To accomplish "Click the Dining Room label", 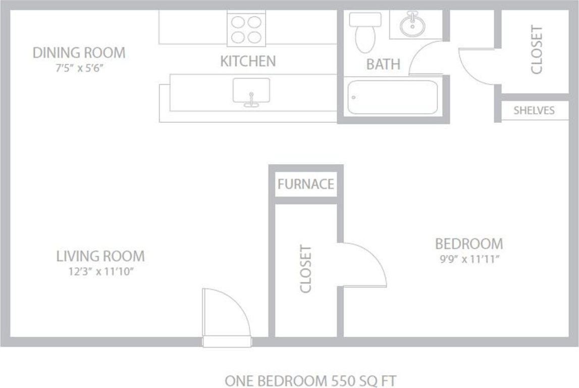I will pos(79,53).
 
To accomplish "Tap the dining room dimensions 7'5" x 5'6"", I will pos(79,68).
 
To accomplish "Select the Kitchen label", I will pos(248,62).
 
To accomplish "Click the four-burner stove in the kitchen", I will pos(247,29).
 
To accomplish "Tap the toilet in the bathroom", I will pos(365,31).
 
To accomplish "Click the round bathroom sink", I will pos(412,24).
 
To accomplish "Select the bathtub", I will pos(392,97).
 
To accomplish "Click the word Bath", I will pos(383,65).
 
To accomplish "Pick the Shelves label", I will pos(534,111).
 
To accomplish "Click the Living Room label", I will pos(100,256).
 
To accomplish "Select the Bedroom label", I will pos(469,244).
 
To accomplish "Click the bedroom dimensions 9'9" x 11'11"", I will pos(469,260).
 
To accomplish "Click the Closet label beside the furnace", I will pos(306,269).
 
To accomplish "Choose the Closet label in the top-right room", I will pos(536,50).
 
